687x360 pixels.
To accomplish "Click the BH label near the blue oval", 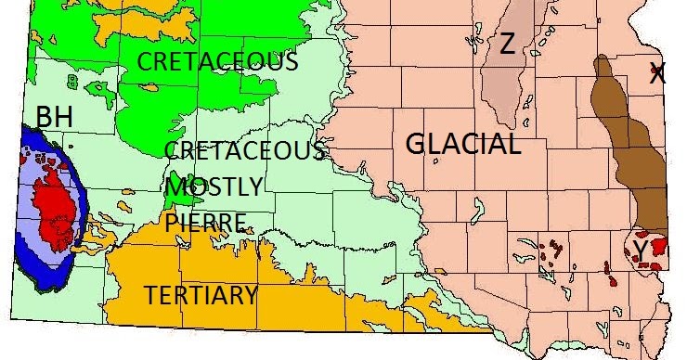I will [x=55, y=118].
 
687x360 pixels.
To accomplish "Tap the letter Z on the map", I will [x=507, y=44].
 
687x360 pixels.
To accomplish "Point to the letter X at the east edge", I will [x=657, y=74].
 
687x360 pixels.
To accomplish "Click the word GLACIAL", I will [x=463, y=144].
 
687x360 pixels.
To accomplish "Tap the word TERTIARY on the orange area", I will [x=201, y=296].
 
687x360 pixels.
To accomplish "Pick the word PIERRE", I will [x=206, y=222].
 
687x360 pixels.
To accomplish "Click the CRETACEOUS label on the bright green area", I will [x=218, y=62].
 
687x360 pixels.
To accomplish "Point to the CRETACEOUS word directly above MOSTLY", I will [x=244, y=150].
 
